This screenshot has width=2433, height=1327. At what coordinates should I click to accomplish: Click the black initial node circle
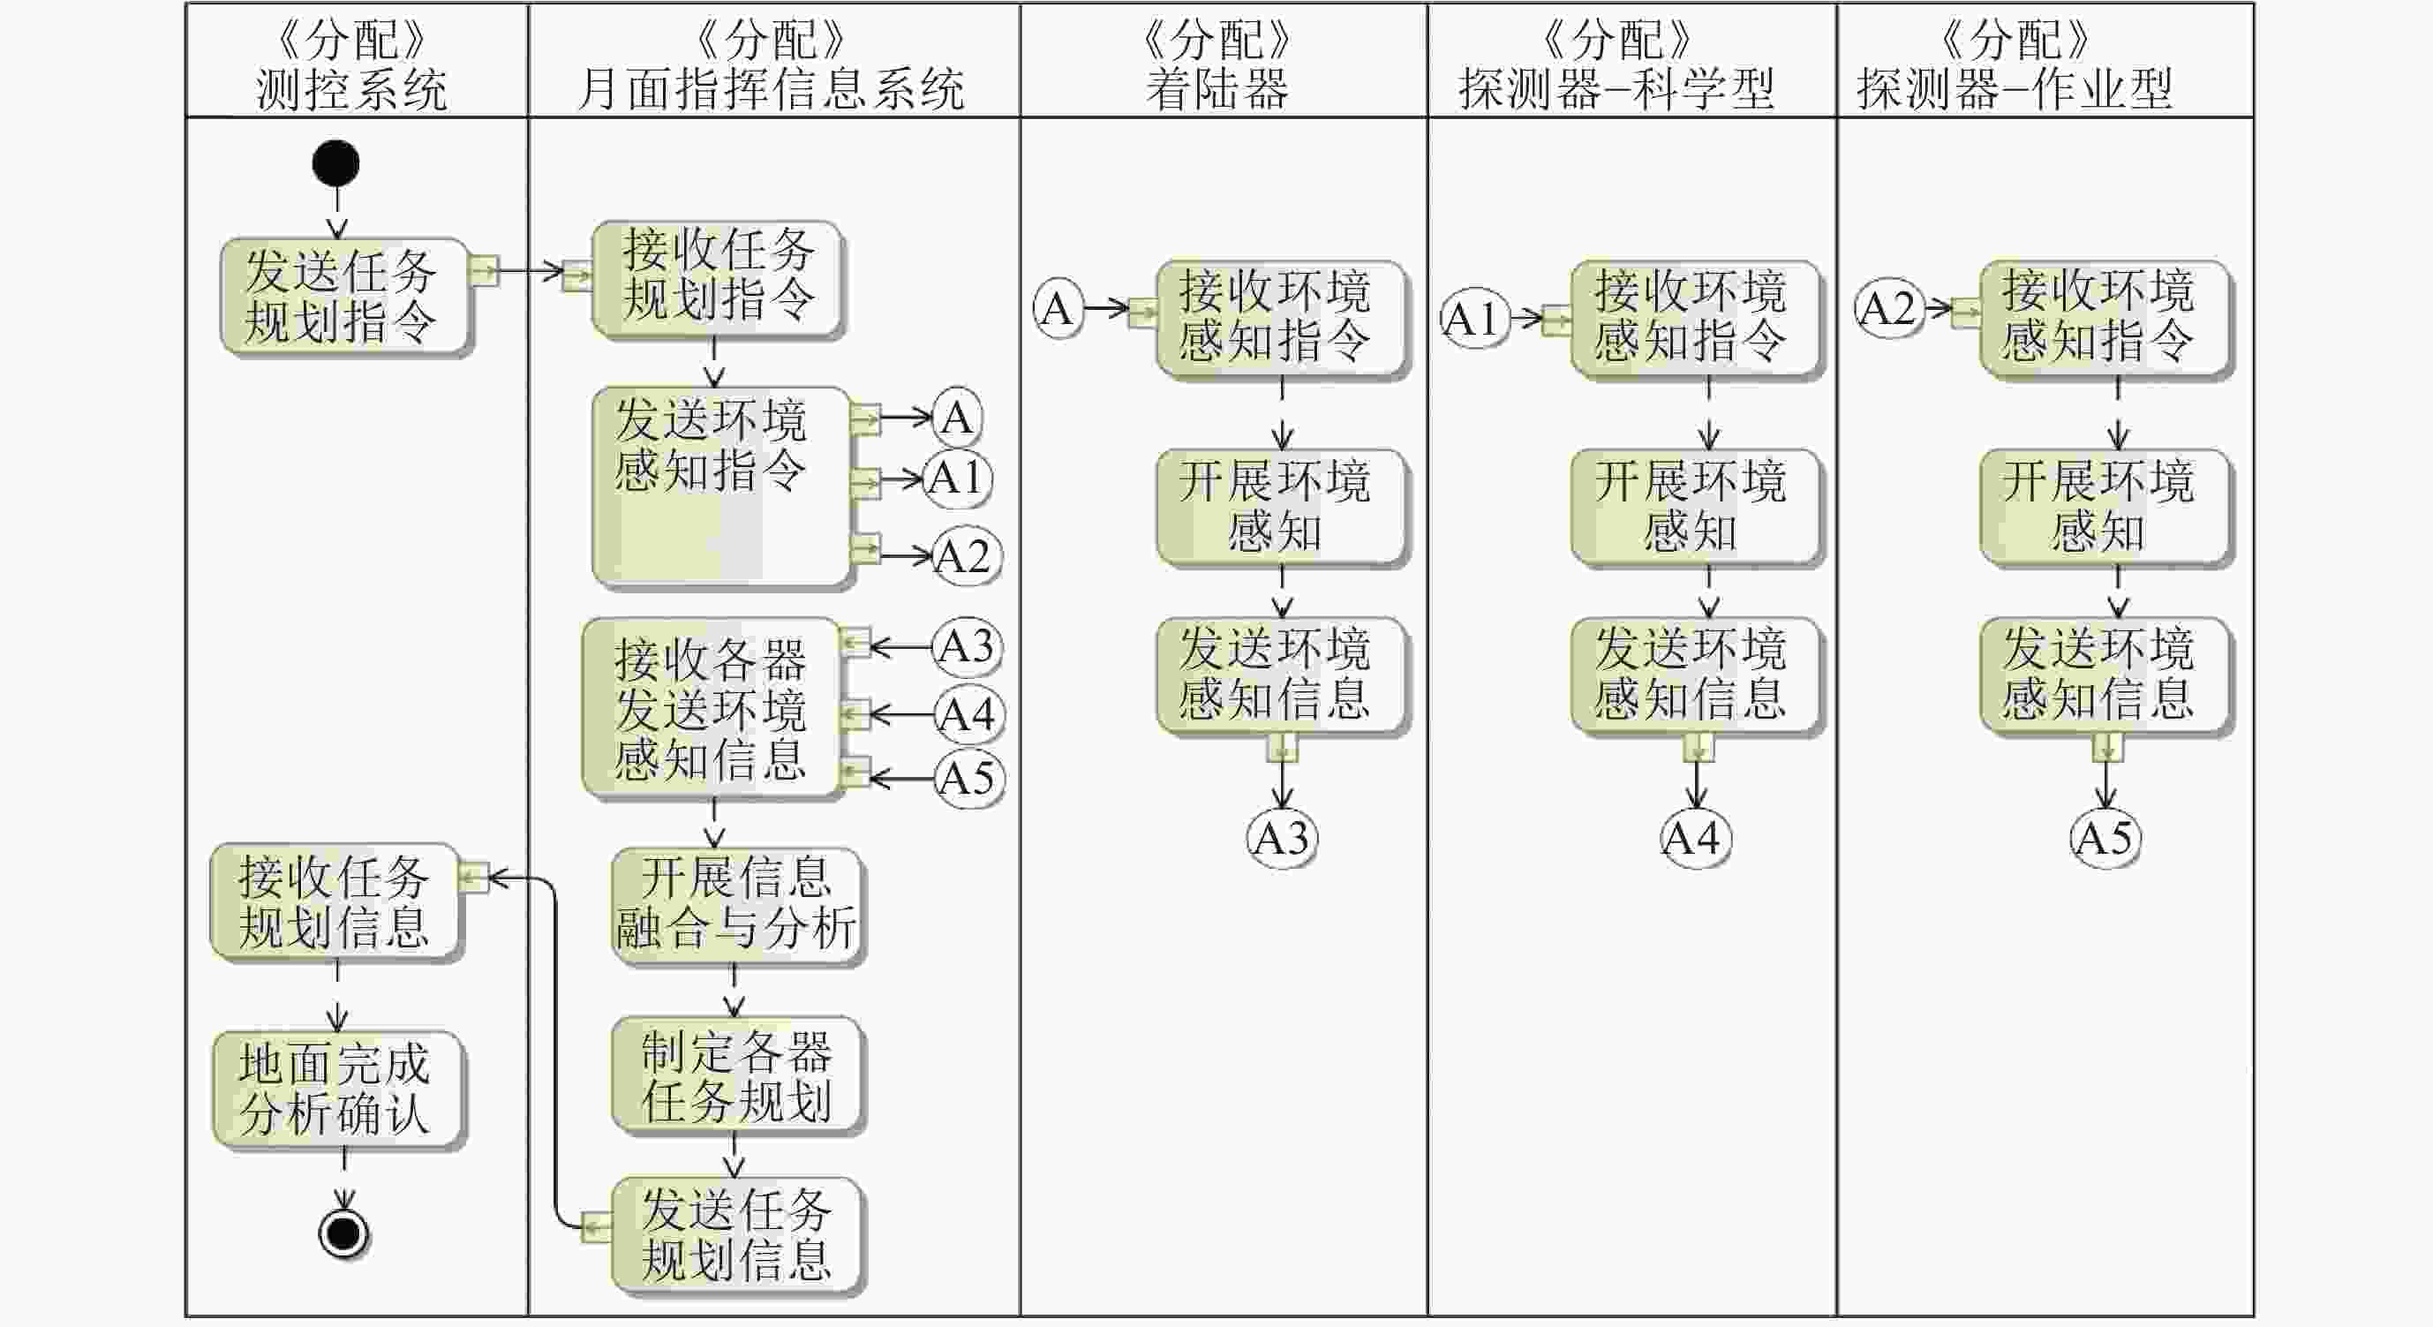pos(336,163)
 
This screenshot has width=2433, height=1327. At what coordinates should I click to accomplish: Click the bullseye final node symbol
pos(343,1233)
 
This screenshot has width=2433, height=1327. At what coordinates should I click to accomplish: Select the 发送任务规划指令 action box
pos(343,297)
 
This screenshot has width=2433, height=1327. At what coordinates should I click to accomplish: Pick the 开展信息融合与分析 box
pos(735,904)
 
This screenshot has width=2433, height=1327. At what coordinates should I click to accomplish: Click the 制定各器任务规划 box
pos(735,1074)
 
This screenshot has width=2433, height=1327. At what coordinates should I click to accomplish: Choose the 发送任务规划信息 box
pos(735,1234)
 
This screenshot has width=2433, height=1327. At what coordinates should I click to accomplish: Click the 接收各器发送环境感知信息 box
pos(711,708)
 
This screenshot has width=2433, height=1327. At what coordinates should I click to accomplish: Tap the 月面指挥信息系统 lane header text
pos(772,90)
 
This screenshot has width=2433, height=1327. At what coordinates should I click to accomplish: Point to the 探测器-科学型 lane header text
pos(1616,90)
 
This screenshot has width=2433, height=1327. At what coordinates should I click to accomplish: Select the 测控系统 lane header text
pos(352,90)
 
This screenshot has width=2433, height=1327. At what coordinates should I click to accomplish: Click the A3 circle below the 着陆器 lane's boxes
pos(1282,838)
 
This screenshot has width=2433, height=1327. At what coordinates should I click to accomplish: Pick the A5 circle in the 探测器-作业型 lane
pos(2105,838)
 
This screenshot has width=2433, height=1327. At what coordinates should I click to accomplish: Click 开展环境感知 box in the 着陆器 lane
pos(1281,507)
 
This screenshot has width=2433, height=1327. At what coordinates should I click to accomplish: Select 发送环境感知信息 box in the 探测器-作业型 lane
pos(2104,675)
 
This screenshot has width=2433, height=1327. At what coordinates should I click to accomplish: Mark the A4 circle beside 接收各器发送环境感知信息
pos(969,714)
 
